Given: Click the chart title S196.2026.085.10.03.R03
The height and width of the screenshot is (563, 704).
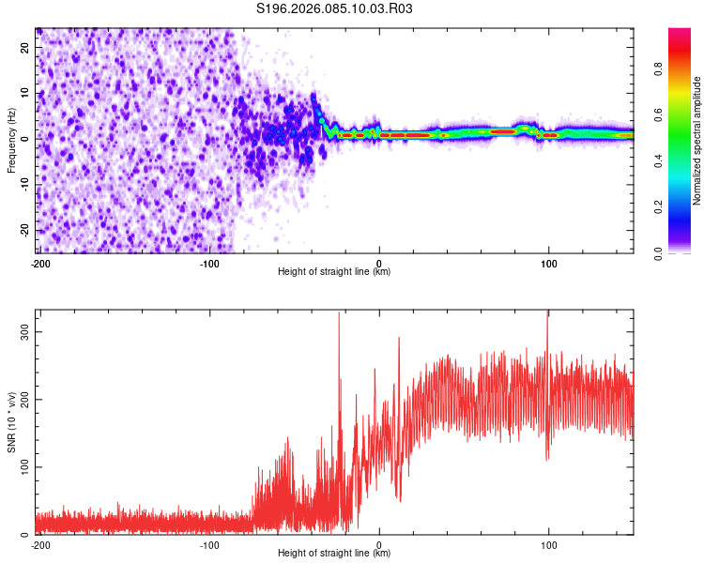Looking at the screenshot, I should pyautogui.click(x=335, y=8).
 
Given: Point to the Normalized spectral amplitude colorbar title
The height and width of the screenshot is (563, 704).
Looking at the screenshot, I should pyautogui.click(x=697, y=141).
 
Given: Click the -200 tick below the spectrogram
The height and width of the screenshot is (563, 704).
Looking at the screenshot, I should pyautogui.click(x=40, y=263).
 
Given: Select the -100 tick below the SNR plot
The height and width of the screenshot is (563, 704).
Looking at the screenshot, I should pyautogui.click(x=209, y=544).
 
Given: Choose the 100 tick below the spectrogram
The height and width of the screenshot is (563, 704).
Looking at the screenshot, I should pyautogui.click(x=549, y=263).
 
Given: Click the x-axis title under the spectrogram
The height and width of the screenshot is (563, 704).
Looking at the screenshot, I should pyautogui.click(x=334, y=272).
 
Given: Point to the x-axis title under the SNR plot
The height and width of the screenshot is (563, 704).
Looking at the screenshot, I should pyautogui.click(x=334, y=554).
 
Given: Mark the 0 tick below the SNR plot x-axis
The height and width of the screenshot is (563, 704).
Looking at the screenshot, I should pyautogui.click(x=379, y=544).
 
